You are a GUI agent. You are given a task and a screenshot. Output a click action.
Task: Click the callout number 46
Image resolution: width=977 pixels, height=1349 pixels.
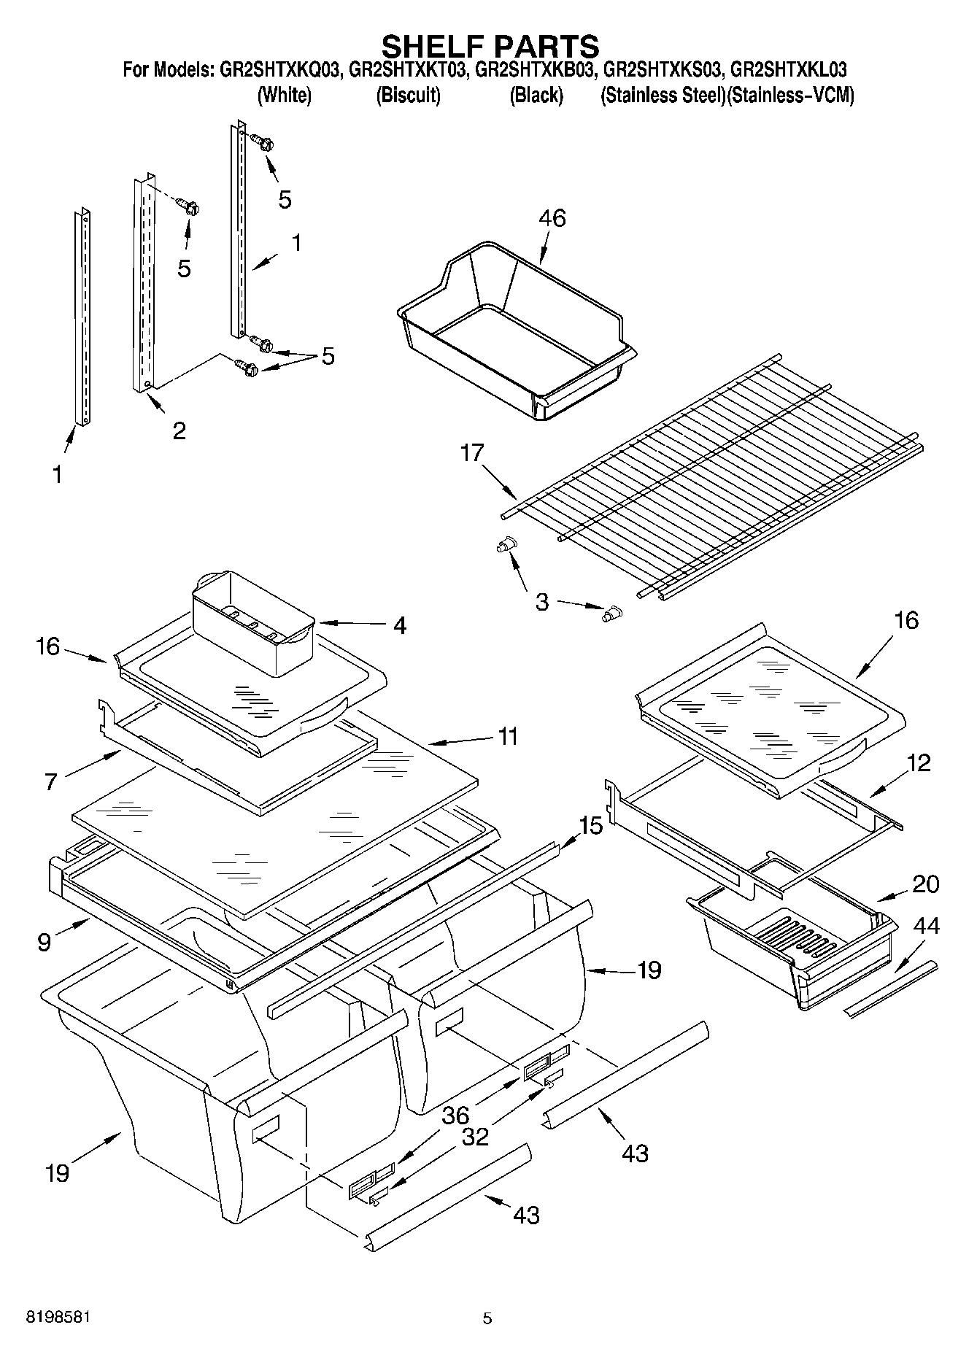[x=552, y=218]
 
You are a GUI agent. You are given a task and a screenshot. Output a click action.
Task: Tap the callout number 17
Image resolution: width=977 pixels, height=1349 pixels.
[x=472, y=453]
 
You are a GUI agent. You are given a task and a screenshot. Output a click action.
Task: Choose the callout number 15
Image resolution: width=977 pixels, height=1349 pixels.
[x=590, y=826]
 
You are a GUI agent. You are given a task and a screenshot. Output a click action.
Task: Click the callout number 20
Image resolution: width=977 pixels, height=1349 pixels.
[x=925, y=884]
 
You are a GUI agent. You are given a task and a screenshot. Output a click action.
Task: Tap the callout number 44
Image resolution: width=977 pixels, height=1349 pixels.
[x=927, y=927]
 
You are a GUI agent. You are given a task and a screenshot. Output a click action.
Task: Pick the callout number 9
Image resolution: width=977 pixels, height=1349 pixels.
[x=45, y=942]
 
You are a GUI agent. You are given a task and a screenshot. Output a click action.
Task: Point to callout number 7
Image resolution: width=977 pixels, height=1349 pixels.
[x=50, y=782]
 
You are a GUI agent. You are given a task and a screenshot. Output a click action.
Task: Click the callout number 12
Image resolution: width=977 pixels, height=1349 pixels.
[x=919, y=763]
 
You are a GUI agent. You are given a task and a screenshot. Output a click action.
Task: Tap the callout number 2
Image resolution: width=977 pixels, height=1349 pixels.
[x=179, y=430]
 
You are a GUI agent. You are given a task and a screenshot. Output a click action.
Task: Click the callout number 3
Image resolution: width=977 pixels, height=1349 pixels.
[x=541, y=603]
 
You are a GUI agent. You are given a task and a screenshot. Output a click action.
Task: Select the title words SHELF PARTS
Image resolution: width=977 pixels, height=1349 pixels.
[x=490, y=46]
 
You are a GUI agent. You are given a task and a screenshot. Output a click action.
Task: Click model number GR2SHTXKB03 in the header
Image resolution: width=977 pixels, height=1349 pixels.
[x=535, y=71]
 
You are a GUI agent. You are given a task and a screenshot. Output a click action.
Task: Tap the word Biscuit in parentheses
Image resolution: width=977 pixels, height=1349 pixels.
[x=408, y=96]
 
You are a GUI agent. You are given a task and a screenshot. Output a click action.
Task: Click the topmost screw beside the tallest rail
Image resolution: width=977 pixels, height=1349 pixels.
[x=263, y=142]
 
